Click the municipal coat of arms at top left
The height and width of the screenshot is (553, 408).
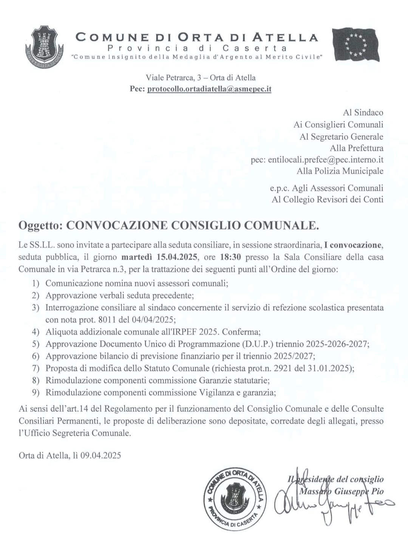coord(44,46)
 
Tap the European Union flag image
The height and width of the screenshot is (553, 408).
coord(355,45)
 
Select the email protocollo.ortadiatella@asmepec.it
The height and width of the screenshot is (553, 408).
coord(209,89)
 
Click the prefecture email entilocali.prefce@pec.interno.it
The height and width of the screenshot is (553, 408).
coord(326,160)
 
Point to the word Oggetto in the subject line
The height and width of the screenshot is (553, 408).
coord(40,226)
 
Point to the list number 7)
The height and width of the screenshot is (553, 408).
coord(36,368)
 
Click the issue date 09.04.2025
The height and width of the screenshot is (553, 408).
coord(103,455)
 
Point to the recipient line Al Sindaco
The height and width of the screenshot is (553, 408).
coord(363,113)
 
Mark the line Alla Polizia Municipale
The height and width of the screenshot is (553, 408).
coord(340,171)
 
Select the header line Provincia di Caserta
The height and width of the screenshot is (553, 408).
coord(197,48)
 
